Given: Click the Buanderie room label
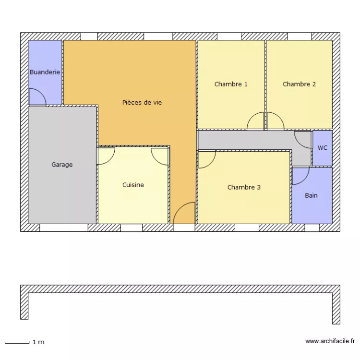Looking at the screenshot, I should [45, 72].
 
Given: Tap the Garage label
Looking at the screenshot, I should [62, 165].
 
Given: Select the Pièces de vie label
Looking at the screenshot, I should [142, 102].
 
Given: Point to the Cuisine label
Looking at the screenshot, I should [133, 185].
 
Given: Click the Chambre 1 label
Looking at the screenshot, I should [231, 84].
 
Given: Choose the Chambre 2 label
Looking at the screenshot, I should [299, 84].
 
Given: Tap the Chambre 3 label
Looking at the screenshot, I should [244, 187].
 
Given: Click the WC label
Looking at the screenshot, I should [323, 148].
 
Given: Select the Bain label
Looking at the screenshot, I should [311, 195].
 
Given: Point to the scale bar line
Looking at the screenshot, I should [17, 342].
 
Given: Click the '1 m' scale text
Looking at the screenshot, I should [38, 342].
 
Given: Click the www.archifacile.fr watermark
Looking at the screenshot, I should [329, 341].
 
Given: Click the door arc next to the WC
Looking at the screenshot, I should [302, 139].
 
